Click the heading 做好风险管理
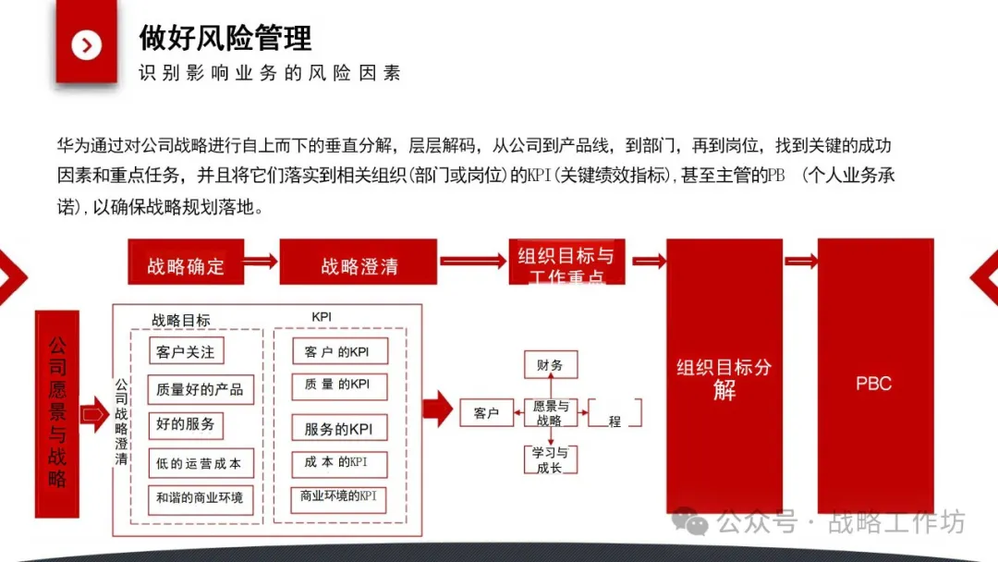point(225,38)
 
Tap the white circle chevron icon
point(87,44)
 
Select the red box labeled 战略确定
point(186,266)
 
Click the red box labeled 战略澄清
point(359,266)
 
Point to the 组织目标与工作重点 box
point(566,265)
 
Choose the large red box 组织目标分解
point(724,377)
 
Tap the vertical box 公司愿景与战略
point(57,413)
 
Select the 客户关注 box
point(186,351)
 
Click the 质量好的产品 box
point(201,389)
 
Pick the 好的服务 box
point(186,424)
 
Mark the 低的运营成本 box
point(201,463)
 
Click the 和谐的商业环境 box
point(200,498)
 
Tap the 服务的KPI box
point(339,429)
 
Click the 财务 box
point(550,365)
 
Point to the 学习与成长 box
point(550,459)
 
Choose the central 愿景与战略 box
point(550,412)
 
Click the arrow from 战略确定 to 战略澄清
point(261,262)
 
